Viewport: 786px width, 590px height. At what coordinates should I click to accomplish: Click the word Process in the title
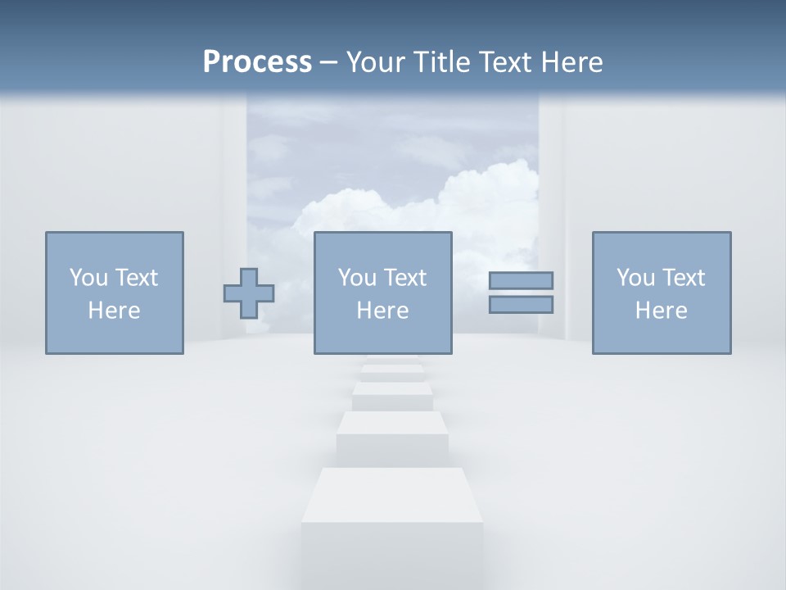(x=257, y=62)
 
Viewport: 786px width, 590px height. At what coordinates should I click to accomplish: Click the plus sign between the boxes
(x=249, y=293)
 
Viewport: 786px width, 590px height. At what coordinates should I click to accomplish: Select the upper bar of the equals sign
(x=521, y=280)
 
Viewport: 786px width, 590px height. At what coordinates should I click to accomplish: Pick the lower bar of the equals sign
(x=521, y=304)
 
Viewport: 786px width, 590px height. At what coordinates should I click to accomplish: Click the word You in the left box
(x=88, y=278)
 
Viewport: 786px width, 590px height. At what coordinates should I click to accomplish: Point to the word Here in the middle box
(x=383, y=311)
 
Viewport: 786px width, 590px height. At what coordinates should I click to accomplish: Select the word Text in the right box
(x=683, y=278)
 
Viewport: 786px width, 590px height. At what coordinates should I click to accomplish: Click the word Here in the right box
(x=662, y=311)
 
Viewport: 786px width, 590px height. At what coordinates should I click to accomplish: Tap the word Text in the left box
(x=136, y=278)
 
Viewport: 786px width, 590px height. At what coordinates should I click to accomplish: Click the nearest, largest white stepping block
(x=392, y=524)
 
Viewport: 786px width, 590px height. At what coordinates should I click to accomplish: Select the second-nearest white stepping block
(x=392, y=436)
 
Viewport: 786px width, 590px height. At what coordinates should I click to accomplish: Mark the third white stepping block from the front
(x=392, y=396)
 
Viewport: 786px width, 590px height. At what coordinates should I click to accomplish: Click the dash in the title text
(x=329, y=63)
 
